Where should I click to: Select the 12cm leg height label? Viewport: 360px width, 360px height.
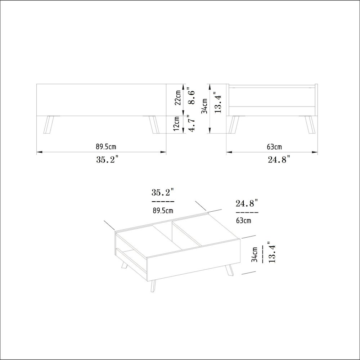pos(176,123)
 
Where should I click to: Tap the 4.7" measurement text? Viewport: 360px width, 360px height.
pos(191,123)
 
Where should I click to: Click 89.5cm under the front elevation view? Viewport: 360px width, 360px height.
pos(106,147)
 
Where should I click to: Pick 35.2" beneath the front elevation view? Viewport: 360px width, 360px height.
pos(107,159)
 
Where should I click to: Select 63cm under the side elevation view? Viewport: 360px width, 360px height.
pos(274,147)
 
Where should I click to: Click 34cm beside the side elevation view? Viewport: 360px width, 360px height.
pos(205,106)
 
